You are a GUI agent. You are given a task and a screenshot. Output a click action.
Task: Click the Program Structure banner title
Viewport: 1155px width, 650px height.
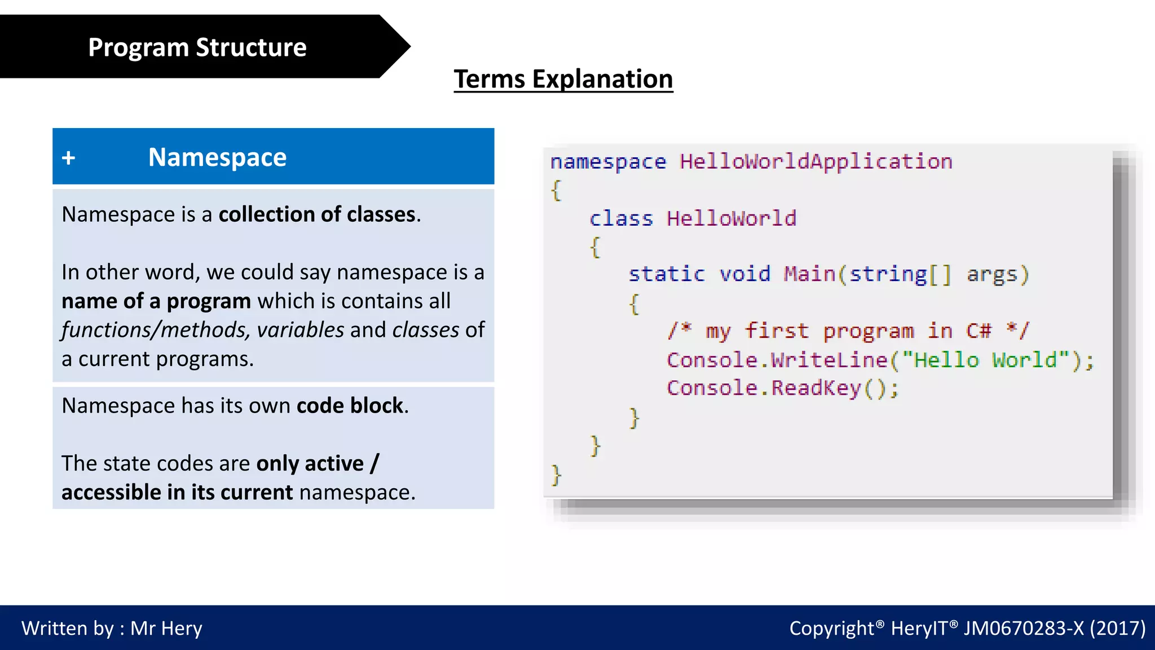(197, 47)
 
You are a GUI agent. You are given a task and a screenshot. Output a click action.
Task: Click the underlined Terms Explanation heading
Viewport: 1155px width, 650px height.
(563, 79)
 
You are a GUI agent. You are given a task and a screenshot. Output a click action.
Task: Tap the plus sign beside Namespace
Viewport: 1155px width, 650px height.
(68, 158)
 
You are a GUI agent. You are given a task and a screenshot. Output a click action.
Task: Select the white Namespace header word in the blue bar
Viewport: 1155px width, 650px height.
(217, 157)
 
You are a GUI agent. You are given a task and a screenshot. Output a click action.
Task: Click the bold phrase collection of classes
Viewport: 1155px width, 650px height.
(317, 214)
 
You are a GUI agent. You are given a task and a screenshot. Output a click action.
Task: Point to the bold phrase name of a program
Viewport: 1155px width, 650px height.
(156, 301)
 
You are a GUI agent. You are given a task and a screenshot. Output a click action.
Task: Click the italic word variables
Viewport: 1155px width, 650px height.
(300, 330)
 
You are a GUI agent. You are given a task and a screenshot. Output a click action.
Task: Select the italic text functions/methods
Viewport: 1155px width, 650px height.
(155, 330)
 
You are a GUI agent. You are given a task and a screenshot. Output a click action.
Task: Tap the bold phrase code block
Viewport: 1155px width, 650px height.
(350, 406)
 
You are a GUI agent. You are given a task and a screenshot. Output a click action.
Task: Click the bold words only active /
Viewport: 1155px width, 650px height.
(317, 463)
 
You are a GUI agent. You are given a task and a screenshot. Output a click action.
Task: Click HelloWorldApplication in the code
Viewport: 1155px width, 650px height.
(815, 162)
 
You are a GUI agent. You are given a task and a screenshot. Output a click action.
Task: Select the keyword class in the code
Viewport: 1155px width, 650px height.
(621, 218)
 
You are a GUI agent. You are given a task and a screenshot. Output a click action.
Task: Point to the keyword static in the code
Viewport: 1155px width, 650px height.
(667, 275)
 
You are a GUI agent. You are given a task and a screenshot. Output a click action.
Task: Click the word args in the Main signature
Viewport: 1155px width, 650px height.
(992, 275)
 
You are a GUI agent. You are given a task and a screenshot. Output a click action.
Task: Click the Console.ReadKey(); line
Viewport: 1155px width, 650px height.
(782, 388)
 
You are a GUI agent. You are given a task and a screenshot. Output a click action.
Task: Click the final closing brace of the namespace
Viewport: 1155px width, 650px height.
(556, 475)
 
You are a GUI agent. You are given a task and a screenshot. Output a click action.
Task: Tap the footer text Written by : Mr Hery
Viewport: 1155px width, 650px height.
(112, 628)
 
